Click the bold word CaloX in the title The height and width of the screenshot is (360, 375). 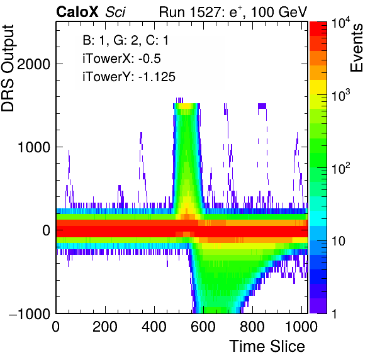[x=77, y=12]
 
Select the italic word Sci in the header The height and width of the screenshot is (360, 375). [x=115, y=12]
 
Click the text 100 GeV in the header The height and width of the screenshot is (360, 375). [x=279, y=12]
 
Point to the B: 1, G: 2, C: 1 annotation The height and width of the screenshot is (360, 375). [x=126, y=40]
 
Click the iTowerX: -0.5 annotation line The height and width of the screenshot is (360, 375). [x=121, y=59]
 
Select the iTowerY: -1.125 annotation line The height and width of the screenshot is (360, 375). [x=129, y=77]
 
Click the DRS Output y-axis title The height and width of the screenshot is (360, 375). [x=8, y=68]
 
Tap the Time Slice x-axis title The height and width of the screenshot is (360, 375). [x=267, y=346]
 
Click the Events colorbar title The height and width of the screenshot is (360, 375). [x=356, y=48]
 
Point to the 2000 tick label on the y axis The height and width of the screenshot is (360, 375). [x=34, y=64]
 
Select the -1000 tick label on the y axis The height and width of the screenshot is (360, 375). [x=30, y=313]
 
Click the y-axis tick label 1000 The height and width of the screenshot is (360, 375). [x=34, y=147]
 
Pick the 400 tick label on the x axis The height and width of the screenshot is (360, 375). [x=154, y=326]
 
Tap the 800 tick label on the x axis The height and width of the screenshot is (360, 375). [x=252, y=326]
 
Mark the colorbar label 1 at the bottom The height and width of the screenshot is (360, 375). [x=334, y=313]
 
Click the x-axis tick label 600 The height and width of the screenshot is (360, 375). [x=203, y=326]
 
